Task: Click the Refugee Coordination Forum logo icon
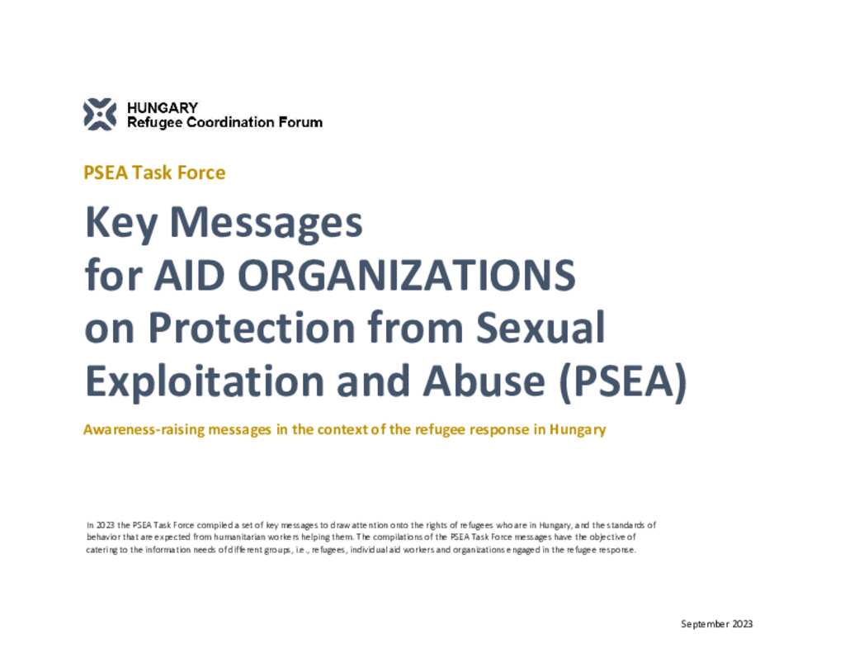click(x=100, y=114)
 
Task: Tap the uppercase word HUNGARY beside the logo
click(x=163, y=107)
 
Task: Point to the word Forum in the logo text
click(x=300, y=122)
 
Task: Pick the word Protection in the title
click(x=252, y=327)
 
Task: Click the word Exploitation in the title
click(x=205, y=381)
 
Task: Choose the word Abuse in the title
click(x=484, y=381)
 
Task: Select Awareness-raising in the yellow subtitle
click(x=144, y=430)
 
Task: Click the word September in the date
click(x=705, y=624)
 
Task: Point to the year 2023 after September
click(x=743, y=624)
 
